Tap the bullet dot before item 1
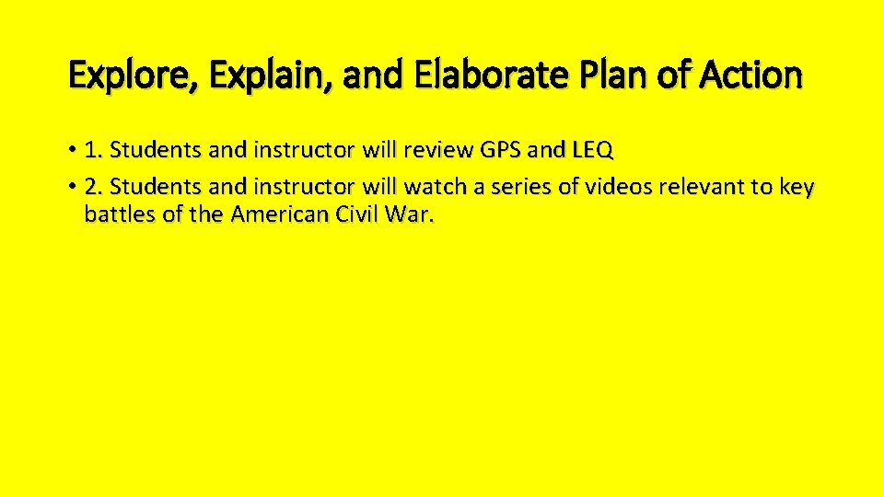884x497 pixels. [72, 150]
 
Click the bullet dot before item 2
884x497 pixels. [72, 188]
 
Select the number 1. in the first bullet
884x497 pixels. [93, 149]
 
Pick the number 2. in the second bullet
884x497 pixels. [93, 188]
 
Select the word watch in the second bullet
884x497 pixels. [434, 188]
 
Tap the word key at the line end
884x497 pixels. [796, 188]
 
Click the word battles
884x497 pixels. [115, 215]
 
